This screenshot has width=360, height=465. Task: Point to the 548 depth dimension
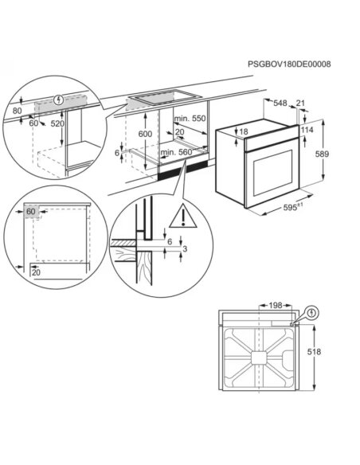point(279,104)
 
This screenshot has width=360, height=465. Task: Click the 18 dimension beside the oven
point(244,131)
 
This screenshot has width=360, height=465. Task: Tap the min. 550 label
point(190,118)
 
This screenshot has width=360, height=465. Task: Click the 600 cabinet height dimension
point(144,135)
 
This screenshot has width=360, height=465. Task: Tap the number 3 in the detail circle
point(185,250)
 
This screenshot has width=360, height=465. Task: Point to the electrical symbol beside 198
point(311,311)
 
